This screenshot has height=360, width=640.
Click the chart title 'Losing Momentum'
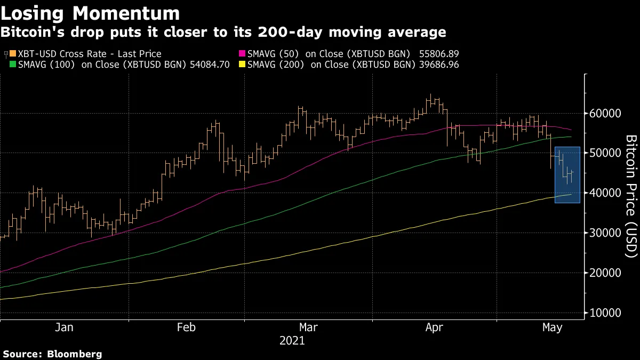(90, 13)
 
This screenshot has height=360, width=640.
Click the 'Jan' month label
(64, 328)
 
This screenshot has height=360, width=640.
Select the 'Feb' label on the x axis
(186, 328)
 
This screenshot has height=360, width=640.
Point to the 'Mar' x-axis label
(308, 328)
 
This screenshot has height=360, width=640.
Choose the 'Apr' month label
(435, 328)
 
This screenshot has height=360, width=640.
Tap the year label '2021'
(292, 341)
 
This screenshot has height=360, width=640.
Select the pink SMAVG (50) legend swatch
(243, 54)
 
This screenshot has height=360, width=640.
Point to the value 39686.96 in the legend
(437, 65)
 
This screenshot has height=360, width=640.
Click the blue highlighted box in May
(567, 175)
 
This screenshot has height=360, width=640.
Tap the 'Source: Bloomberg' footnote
(52, 354)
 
